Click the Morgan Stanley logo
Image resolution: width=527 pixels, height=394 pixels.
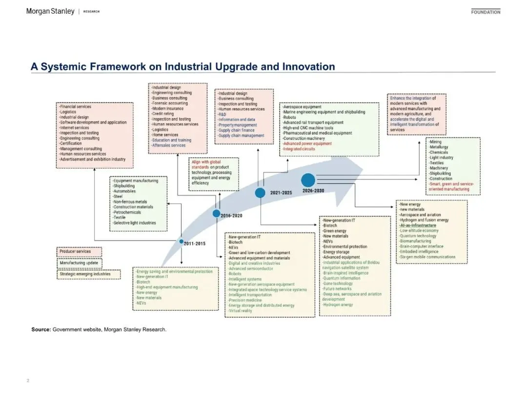point(50,11)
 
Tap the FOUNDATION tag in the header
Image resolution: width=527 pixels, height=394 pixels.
point(486,12)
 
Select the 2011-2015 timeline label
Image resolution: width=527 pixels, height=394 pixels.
point(195,243)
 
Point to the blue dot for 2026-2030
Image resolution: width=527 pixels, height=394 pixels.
point(308,181)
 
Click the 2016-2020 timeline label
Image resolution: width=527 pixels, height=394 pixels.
point(231,215)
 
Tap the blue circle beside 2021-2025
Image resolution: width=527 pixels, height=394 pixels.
point(260,193)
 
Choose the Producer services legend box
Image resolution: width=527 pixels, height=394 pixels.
point(80,252)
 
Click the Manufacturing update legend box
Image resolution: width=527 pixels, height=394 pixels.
point(80,263)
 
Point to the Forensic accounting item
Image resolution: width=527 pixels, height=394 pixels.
point(169,104)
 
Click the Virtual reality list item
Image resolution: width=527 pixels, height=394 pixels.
point(241,311)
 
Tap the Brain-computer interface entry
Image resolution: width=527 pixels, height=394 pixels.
point(422,247)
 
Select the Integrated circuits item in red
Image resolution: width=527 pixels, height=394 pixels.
point(299,149)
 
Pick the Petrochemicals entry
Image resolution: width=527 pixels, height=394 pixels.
point(126,212)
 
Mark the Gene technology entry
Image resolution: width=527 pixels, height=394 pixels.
point(338,283)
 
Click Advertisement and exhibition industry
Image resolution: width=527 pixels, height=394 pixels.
point(92,159)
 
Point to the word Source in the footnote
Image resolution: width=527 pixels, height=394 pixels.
point(41,330)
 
